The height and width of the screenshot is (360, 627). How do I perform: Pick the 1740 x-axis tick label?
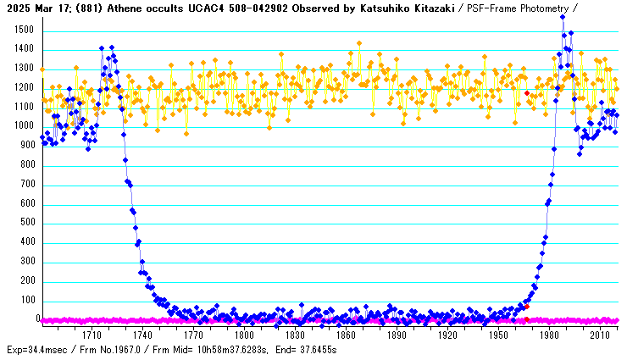point(143,335)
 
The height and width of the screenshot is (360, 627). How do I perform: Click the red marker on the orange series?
point(526,93)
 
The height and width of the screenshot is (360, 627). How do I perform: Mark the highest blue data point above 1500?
point(563,17)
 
